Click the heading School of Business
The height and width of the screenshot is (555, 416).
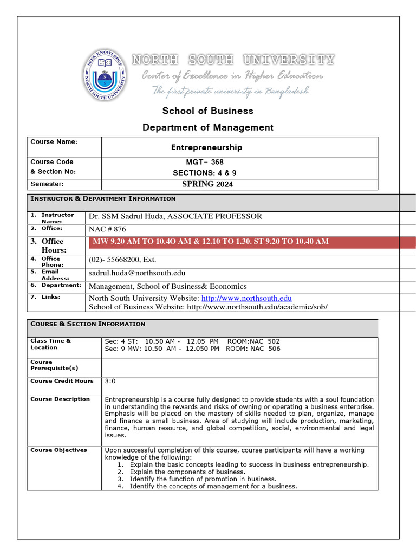(208, 111)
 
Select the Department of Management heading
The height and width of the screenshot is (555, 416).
(208, 127)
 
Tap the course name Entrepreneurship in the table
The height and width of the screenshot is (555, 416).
(206, 147)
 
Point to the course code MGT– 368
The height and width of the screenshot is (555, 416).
(205, 162)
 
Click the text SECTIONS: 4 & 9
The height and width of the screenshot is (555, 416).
(205, 173)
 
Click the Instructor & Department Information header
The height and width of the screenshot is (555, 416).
(103, 199)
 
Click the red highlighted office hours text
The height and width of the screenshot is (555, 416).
(211, 242)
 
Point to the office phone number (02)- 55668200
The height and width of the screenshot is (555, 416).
(122, 260)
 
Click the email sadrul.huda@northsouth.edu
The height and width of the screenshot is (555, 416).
(137, 273)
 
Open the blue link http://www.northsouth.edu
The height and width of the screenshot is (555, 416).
(246, 299)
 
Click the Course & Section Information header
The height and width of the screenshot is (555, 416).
(88, 324)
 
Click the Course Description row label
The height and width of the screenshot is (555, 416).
(60, 399)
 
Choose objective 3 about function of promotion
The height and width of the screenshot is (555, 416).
(203, 479)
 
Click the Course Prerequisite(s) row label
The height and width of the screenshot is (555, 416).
(54, 365)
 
